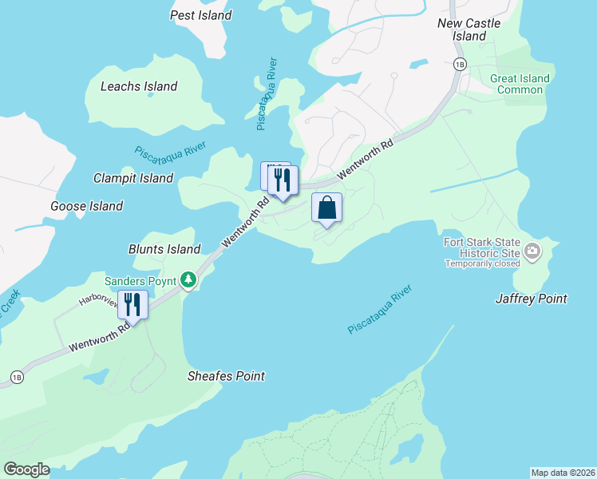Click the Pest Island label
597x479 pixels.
pyautogui.click(x=201, y=15)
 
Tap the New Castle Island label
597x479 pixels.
pyautogui.click(x=469, y=30)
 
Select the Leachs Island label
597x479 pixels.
pyautogui.click(x=139, y=86)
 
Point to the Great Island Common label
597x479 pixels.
pyautogui.click(x=520, y=84)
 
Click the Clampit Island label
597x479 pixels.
pyautogui.click(x=133, y=178)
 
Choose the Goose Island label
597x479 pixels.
pyautogui.click(x=87, y=206)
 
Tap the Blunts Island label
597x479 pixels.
pyautogui.click(x=164, y=249)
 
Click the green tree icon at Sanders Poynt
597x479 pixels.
pyautogui.click(x=188, y=279)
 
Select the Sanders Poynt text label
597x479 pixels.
pyautogui.click(x=140, y=280)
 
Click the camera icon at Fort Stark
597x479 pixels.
pyautogui.click(x=532, y=253)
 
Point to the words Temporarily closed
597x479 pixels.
pyautogui.click(x=482, y=263)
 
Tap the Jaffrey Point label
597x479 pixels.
pyautogui.click(x=531, y=299)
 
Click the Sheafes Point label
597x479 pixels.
pyautogui.click(x=226, y=376)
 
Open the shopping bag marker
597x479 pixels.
pyautogui.click(x=326, y=208)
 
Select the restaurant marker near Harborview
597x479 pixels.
pyautogui.click(x=132, y=305)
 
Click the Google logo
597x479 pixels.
pyautogui.click(x=26, y=469)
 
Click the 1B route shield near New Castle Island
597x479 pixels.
pyautogui.click(x=459, y=64)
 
